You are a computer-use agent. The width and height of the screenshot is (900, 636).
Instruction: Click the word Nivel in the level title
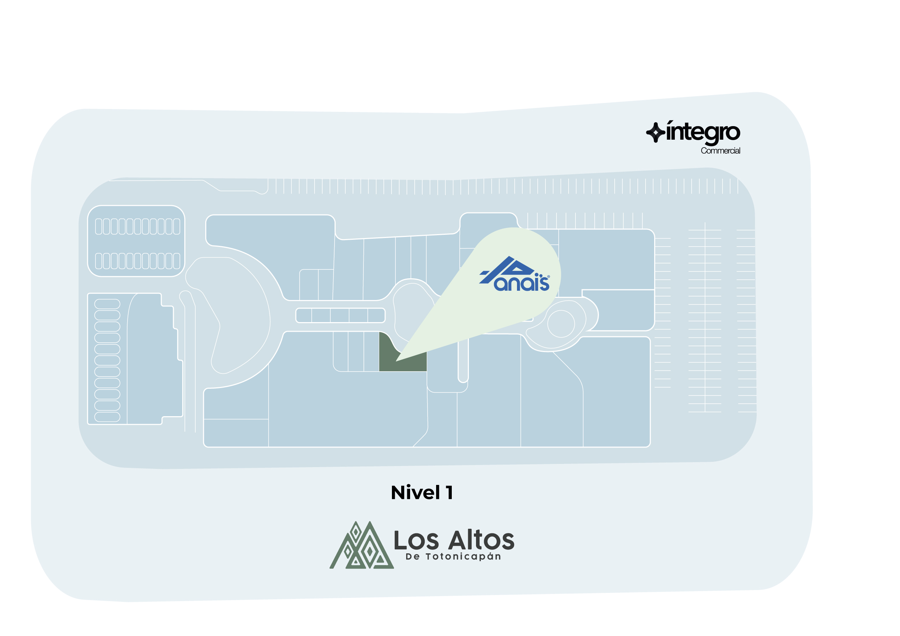[x=415, y=492]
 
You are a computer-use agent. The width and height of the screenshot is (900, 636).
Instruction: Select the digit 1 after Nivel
[x=449, y=492]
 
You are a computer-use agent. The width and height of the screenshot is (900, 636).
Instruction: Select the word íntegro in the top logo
[x=703, y=133]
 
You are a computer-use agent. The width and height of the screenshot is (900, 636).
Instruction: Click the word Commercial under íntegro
[x=720, y=151]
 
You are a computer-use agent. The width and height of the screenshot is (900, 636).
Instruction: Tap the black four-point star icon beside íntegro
[x=655, y=133]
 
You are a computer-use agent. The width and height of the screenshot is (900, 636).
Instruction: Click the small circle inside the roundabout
[x=560, y=324]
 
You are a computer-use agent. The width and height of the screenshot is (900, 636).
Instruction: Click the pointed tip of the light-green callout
[x=397, y=360]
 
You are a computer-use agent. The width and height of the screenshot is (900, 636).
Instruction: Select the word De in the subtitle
[x=413, y=557]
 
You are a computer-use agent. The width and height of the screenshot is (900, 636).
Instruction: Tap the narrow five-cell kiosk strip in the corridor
[x=340, y=315]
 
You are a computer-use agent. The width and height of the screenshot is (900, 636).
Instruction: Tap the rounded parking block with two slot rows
[x=136, y=241]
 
